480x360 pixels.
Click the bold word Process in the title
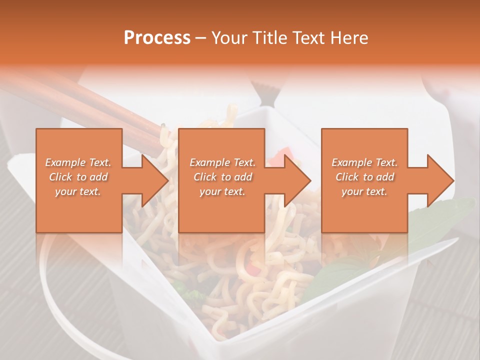pyautogui.click(x=157, y=38)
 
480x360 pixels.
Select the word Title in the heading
pyautogui.click(x=271, y=38)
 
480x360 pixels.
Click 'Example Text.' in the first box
pyautogui.click(x=78, y=162)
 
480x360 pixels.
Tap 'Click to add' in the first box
pyautogui.click(x=78, y=177)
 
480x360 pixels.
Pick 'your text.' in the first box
pyautogui.click(x=78, y=191)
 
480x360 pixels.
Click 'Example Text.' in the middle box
pyautogui.click(x=222, y=162)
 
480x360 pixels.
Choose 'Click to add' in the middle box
pyautogui.click(x=222, y=177)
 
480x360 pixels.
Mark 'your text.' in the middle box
pyautogui.click(x=222, y=191)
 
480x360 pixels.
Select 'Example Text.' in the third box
pyautogui.click(x=364, y=162)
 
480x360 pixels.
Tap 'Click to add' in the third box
pyautogui.click(x=364, y=177)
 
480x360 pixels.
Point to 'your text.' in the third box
pyautogui.click(x=364, y=191)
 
